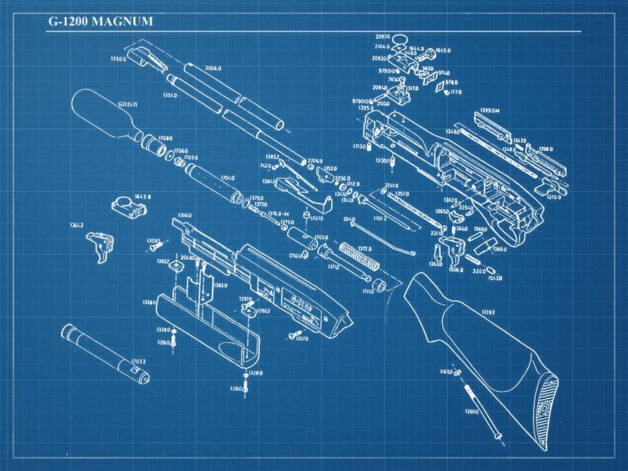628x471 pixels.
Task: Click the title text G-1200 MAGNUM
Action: point(100,21)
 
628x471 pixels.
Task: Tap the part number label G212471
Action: point(127,105)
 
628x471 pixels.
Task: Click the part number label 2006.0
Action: point(213,68)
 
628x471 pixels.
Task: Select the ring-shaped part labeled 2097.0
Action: point(399,38)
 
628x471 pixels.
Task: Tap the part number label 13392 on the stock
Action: point(487,312)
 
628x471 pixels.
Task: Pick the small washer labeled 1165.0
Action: point(457,372)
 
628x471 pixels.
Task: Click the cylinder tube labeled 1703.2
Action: point(103,352)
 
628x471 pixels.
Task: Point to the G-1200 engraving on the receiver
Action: point(301,305)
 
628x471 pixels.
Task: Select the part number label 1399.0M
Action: point(489,111)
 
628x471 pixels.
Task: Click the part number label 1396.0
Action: point(185,215)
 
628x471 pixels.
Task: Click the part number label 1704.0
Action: point(227,178)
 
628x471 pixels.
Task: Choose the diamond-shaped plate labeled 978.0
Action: point(442,86)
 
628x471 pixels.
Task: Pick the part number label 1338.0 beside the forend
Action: point(149,302)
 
